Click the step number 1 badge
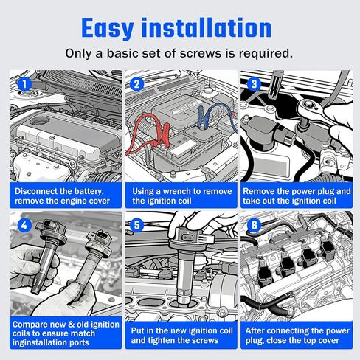pos(24,84)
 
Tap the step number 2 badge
pos(136,84)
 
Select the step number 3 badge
pos(254,84)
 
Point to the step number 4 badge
pos(24,225)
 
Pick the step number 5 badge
pos(136,225)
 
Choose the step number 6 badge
pos(254,225)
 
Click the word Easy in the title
pos(108,29)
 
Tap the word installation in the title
pos(207,28)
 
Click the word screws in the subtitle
pos(201,53)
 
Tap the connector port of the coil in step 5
pos(188,238)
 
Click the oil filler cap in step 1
pos(39,121)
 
